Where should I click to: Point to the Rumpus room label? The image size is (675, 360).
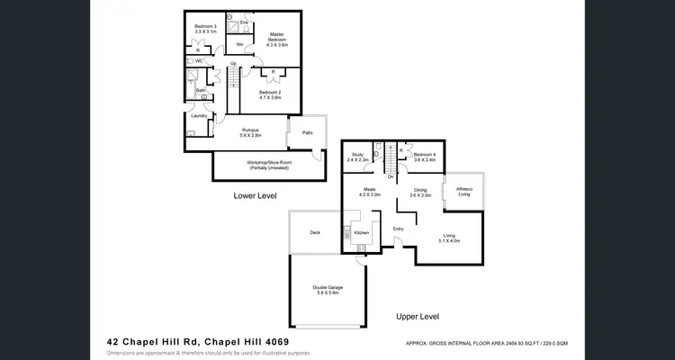coord(251,132)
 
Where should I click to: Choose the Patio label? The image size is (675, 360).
coord(308,132)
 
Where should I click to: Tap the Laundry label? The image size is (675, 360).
coord(198,115)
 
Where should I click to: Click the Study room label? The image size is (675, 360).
coord(357,157)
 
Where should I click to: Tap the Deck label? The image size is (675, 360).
coord(315,232)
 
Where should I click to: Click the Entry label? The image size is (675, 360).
coord(399,229)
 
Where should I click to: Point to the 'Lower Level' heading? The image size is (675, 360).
coord(255,195)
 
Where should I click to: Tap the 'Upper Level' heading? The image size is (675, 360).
coord(418,317)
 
